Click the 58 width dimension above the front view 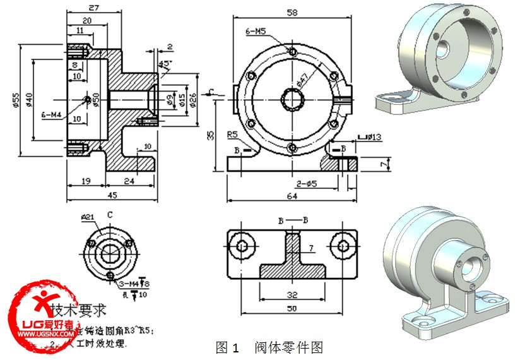[292, 11]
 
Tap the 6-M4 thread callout [52, 115]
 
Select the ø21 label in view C [87, 217]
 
